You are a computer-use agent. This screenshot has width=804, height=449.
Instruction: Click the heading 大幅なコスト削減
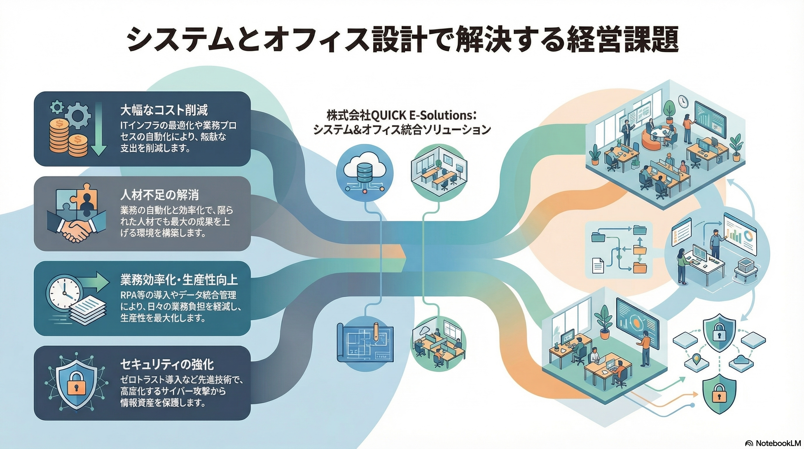[164, 110]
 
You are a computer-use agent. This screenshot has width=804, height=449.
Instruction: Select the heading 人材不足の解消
[160, 195]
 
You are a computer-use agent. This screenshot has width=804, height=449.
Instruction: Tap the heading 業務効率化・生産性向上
[179, 280]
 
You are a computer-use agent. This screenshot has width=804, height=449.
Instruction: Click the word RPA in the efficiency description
[129, 294]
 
